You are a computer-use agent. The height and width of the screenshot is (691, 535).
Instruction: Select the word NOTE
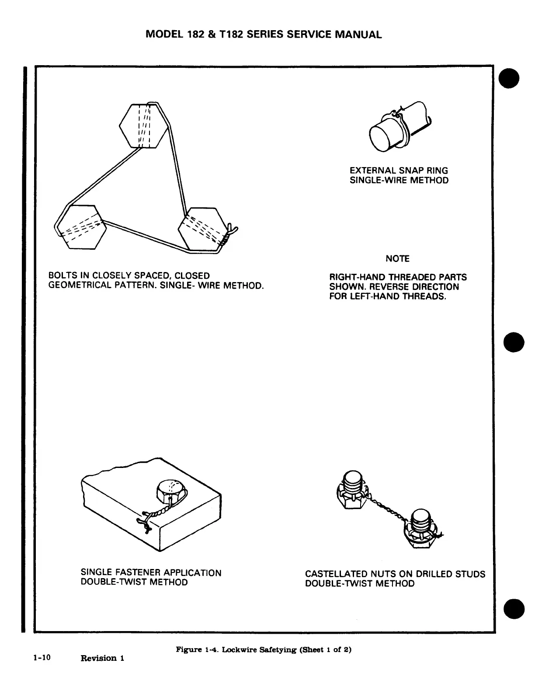tap(397, 259)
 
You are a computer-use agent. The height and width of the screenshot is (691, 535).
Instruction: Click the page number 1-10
tap(42, 657)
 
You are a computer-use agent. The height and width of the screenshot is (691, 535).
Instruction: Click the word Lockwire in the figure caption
tap(236, 649)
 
